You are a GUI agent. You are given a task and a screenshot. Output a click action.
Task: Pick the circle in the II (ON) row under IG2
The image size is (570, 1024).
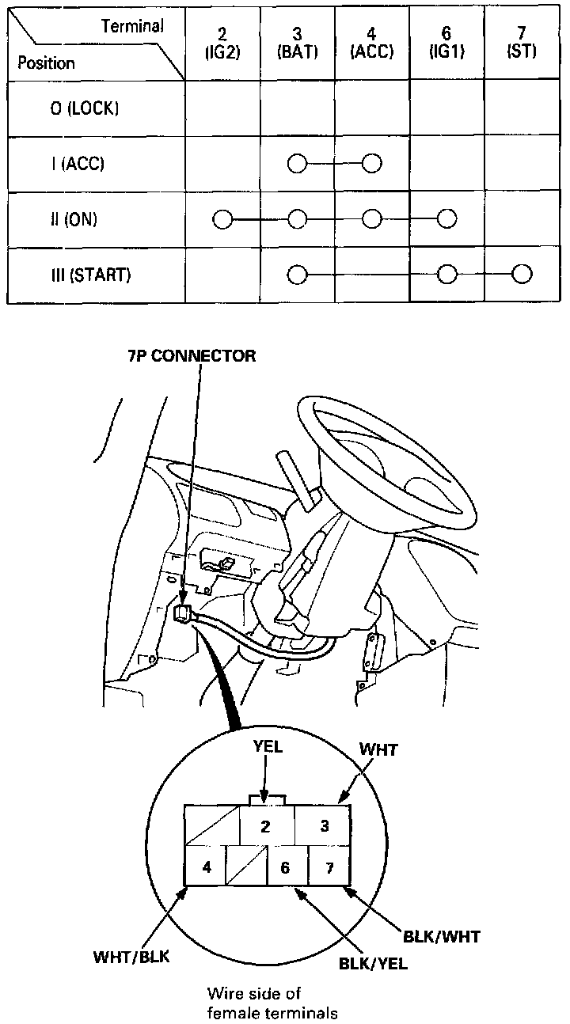tap(222, 219)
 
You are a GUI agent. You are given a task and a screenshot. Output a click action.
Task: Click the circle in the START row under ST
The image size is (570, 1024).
tap(522, 275)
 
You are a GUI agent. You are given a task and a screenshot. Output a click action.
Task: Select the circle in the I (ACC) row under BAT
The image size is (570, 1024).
tap(297, 164)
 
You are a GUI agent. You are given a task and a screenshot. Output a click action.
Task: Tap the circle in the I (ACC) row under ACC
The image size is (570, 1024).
tap(372, 164)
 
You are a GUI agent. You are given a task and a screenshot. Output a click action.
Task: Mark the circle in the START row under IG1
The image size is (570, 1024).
tap(447, 275)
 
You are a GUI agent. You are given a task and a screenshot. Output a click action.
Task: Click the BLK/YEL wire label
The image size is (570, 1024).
tap(374, 964)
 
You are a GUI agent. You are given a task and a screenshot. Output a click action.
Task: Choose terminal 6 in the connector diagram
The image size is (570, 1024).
tap(285, 867)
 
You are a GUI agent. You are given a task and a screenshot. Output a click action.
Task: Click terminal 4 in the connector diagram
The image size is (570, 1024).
tap(207, 867)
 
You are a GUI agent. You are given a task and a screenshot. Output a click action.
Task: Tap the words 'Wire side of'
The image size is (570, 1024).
tap(253, 992)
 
